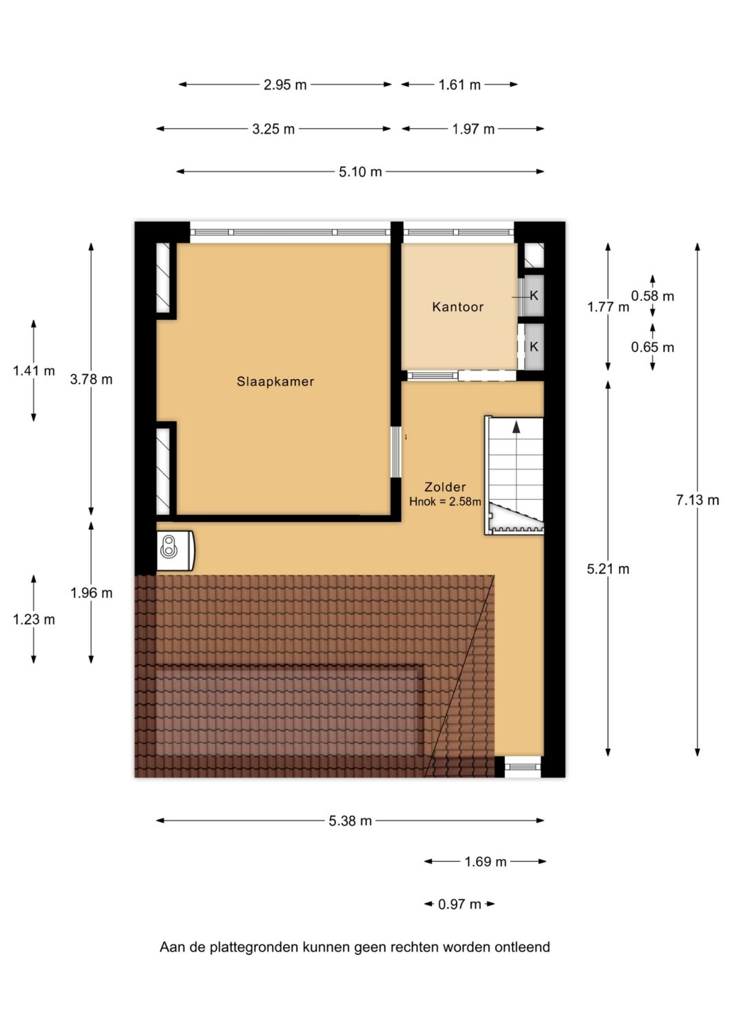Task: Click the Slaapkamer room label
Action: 275,381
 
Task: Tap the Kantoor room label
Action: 457,307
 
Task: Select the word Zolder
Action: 445,487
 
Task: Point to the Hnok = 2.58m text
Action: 444,501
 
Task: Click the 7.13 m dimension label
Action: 698,500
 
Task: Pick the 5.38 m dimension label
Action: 350,821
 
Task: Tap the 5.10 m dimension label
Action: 360,172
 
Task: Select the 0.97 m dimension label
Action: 459,904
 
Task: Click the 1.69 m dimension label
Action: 485,862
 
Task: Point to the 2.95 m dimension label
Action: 285,85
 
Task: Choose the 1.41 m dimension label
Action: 34,370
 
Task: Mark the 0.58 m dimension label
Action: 653,296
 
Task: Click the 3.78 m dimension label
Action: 91,379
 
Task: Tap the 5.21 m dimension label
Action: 608,569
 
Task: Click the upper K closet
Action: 534,296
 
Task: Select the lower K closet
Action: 534,346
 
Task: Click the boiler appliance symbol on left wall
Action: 176,551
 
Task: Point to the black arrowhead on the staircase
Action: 516,427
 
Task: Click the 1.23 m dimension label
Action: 34,620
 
